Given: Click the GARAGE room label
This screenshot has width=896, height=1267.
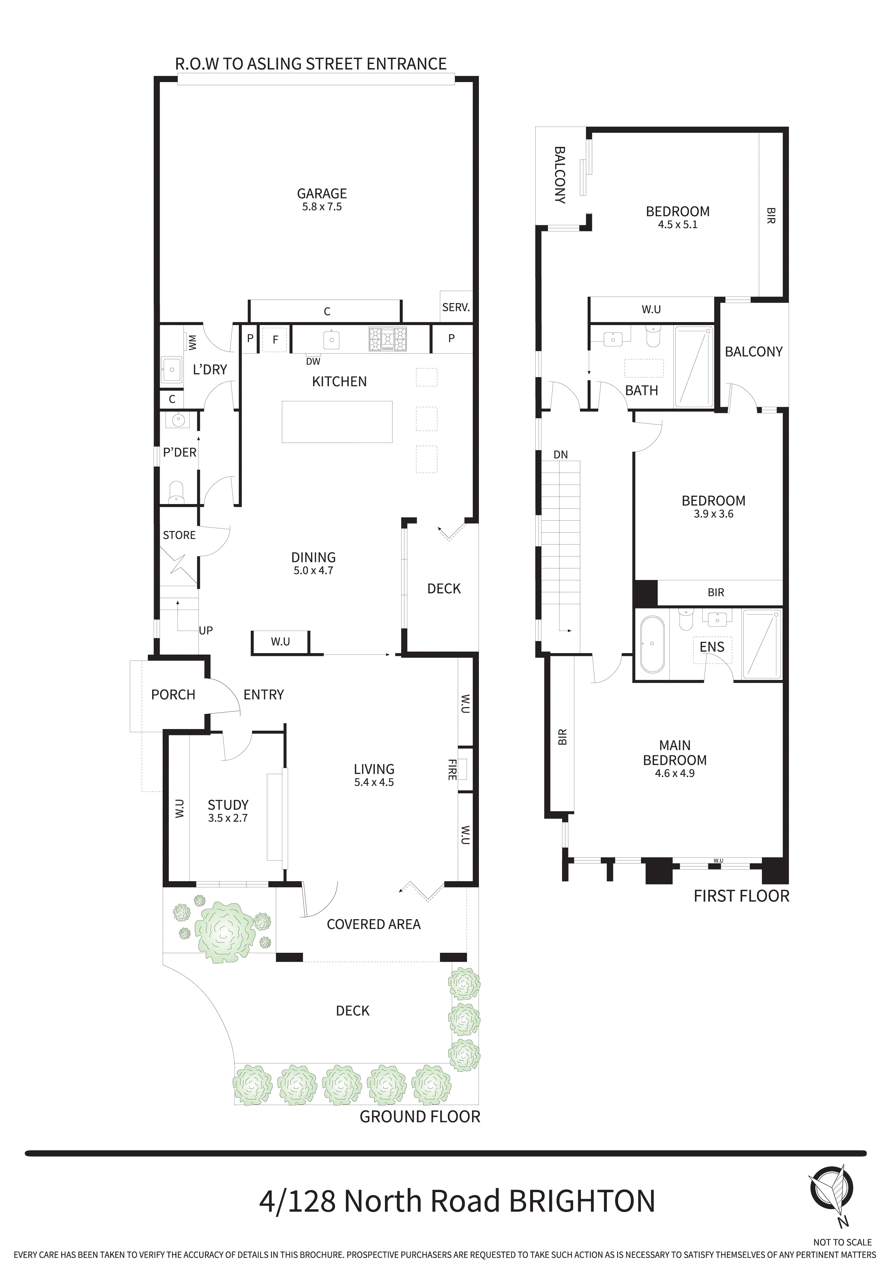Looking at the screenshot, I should [322, 194].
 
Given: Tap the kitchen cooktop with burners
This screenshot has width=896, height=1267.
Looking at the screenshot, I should [389, 340].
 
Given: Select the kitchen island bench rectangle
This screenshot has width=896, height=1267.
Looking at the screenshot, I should [337, 422].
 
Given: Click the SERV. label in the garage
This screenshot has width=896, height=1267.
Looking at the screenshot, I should [456, 307].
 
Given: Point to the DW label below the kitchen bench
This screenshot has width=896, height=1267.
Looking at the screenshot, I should [313, 362].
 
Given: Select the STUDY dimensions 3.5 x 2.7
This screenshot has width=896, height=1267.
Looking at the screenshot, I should [228, 818].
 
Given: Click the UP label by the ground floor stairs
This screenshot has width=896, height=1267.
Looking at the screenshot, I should [206, 630].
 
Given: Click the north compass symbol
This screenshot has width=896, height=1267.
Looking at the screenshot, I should [831, 1187].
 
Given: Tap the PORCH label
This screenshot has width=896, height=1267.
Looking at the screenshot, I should [173, 695].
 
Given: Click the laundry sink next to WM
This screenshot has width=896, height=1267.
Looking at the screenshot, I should [172, 369].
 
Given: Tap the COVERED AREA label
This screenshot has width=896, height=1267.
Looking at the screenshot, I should [373, 924].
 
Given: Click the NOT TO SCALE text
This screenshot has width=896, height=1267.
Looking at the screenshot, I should [843, 1242].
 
